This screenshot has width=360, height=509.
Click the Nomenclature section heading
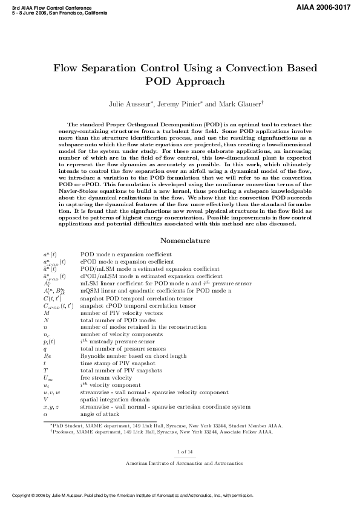[x=180, y=240]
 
